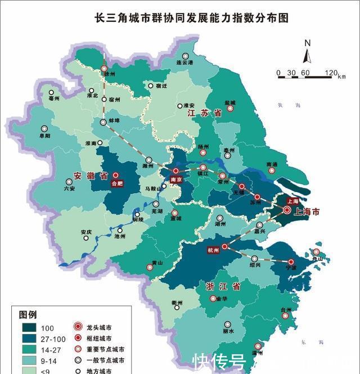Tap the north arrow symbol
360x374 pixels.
coord(307,55)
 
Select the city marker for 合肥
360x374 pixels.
coord(116,176)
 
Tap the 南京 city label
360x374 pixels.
coord(175,180)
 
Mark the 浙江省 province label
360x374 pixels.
coord(220,286)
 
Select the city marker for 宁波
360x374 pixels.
coord(291,262)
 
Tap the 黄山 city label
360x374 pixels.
coord(150,262)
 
